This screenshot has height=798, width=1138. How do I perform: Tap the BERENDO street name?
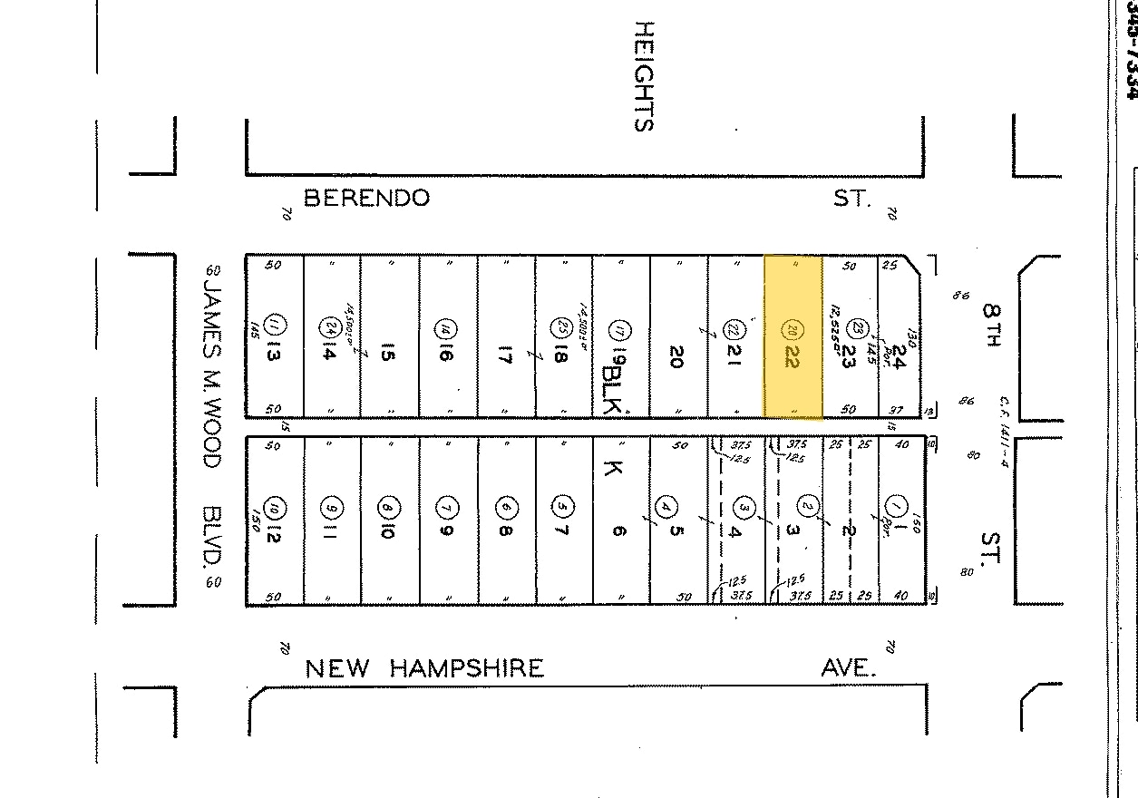pyautogui.click(x=366, y=198)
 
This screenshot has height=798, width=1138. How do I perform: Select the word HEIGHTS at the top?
pyautogui.click(x=643, y=77)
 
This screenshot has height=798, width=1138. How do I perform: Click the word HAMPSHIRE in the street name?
pyautogui.click(x=467, y=669)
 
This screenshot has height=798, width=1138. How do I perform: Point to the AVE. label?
pyautogui.click(x=849, y=669)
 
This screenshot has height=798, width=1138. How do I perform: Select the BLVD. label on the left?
pyautogui.click(x=212, y=535)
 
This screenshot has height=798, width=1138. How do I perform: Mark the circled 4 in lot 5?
pyautogui.click(x=668, y=505)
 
